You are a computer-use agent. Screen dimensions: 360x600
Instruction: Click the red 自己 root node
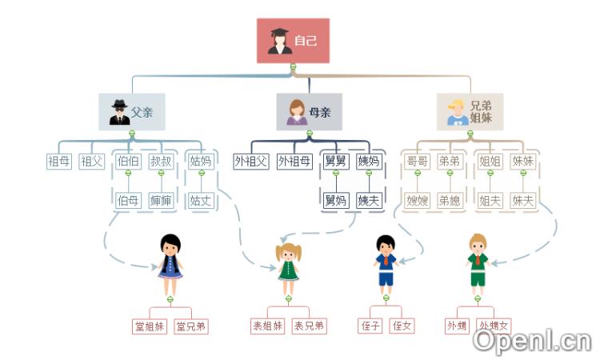click(x=293, y=40)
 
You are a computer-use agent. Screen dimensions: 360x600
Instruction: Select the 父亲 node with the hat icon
click(x=132, y=112)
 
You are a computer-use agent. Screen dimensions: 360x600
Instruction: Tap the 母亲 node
click(x=309, y=112)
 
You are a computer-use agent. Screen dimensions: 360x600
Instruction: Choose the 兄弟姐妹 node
click(x=470, y=112)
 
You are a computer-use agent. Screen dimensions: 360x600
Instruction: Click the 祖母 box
click(x=59, y=161)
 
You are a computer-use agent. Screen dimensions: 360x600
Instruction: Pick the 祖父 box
click(x=92, y=161)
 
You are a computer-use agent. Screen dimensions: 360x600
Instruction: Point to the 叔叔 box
click(x=161, y=161)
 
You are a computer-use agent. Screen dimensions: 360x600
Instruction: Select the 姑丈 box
click(x=201, y=200)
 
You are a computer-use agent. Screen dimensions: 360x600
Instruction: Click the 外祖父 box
click(x=250, y=161)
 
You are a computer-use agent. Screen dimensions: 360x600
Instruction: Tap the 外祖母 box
click(x=294, y=161)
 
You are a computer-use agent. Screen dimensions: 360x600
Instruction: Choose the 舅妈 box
click(x=335, y=200)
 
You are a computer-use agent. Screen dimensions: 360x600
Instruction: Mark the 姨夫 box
click(x=368, y=200)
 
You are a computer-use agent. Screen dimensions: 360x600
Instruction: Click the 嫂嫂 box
click(x=418, y=200)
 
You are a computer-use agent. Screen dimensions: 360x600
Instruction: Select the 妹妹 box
click(x=522, y=161)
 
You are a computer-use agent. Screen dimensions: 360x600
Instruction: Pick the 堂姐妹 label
click(x=150, y=326)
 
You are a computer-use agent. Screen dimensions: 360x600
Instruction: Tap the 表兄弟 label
click(x=309, y=326)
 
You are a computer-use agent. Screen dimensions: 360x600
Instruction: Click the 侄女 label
click(x=402, y=326)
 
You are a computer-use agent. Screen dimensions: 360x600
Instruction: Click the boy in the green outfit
click(x=478, y=262)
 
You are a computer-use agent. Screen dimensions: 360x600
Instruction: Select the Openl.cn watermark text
click(x=531, y=341)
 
